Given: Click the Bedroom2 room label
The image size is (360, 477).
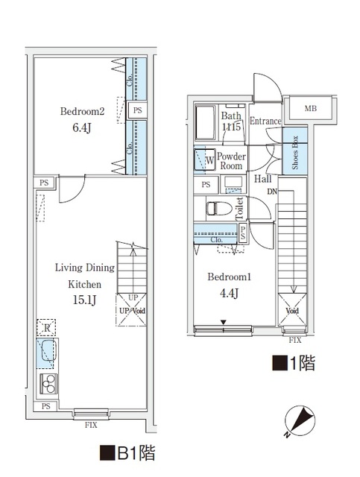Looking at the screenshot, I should click(81, 112).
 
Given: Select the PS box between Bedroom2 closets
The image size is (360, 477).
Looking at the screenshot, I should click(137, 110).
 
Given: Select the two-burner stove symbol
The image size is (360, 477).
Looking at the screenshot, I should click(48, 384).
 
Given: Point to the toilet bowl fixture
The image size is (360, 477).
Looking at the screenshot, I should click(217, 208).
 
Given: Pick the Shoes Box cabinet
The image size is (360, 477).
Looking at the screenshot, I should click(295, 151).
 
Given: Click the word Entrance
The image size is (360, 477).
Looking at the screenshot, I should click(265, 121).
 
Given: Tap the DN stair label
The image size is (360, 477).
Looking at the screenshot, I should click(274, 192).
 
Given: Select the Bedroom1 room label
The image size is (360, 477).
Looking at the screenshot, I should click(229, 277).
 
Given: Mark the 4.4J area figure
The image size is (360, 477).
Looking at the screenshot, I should click(229, 294).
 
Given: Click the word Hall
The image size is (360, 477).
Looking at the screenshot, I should click(262, 179).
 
